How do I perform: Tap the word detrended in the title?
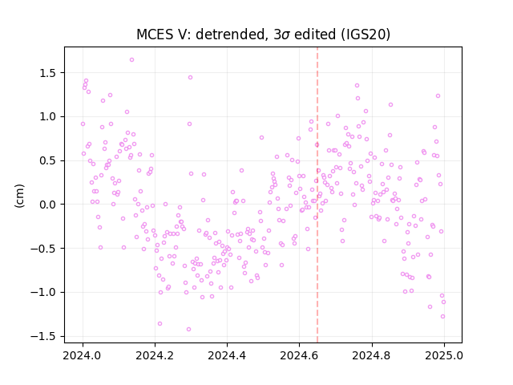(x=230, y=34)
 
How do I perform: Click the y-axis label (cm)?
(x=19, y=196)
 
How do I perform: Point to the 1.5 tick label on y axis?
(x=48, y=73)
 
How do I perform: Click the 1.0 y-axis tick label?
(x=48, y=117)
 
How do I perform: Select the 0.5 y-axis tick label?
(x=48, y=160)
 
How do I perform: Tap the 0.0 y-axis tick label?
(x=48, y=205)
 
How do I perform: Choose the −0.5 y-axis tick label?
(x=44, y=249)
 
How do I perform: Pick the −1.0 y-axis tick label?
(x=44, y=292)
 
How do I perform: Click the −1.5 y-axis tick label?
(x=44, y=337)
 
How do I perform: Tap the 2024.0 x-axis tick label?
(x=83, y=355)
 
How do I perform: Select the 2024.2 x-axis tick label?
(x=155, y=355)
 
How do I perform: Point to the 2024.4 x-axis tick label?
(x=227, y=355)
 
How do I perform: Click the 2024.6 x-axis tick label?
(x=299, y=355)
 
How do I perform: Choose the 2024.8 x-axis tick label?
(x=372, y=355)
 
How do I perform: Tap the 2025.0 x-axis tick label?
(x=444, y=355)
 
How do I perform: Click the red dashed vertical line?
(x=317, y=195)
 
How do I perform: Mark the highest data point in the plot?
(x=131, y=59)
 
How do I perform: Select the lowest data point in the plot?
(x=188, y=329)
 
